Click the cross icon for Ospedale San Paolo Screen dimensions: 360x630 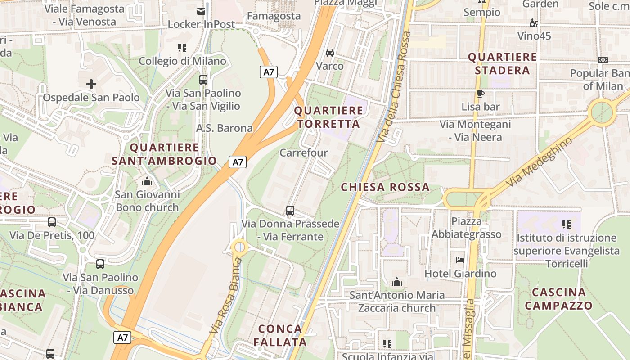point(91,84)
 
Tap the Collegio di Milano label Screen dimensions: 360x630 point(182,61)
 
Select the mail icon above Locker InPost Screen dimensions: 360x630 point(201,11)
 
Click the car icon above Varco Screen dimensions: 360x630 point(330,53)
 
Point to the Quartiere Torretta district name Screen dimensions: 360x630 point(328,117)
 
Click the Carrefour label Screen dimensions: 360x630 point(304,153)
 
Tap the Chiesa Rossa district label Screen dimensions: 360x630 point(385,187)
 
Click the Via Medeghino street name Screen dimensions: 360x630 point(540,162)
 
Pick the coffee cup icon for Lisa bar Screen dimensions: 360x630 point(481,94)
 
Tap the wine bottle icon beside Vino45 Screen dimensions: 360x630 point(534,23)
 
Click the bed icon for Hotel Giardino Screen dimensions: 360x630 point(460,260)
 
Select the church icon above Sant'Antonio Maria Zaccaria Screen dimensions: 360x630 point(397,282)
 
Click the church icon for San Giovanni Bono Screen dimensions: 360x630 point(147,181)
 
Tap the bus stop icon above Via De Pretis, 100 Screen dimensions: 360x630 point(52,222)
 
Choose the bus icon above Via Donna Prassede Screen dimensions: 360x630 point(290,210)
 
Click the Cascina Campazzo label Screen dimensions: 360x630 point(558,299)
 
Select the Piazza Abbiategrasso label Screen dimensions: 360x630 point(467,228)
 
